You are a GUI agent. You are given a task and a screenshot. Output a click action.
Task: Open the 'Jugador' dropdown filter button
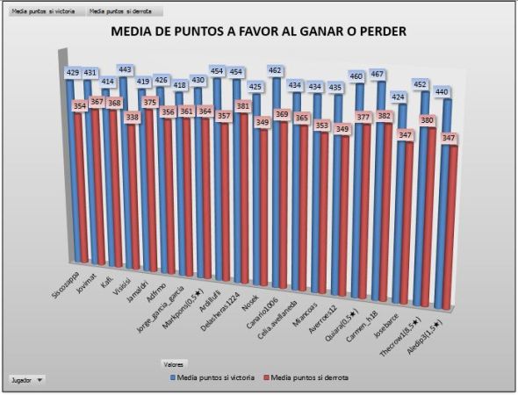coord(26,380)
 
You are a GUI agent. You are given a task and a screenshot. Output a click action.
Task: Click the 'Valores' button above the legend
coord(173,362)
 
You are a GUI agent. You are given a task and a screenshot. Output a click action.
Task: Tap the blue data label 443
coord(126,69)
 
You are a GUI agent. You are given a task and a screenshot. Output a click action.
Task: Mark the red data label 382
coord(384,116)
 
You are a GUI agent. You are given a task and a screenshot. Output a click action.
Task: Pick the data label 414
coord(108,81)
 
